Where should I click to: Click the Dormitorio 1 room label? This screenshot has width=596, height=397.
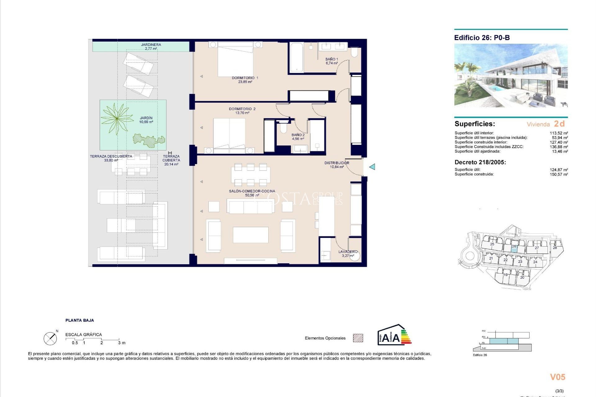pos(245,80)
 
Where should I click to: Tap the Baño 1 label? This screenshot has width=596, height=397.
pos(332,61)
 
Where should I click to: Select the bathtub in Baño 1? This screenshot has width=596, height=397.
pos(296,57)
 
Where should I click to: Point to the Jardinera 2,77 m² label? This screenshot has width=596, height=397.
pos(151,47)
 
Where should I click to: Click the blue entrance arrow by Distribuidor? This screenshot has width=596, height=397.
pos(372,167)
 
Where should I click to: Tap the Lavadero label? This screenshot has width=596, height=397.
pos(348,253)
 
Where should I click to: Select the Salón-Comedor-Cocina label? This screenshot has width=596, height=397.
pos(252,193)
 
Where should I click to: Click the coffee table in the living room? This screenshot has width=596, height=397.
pos(251,235)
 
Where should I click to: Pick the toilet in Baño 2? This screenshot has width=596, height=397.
pos(283,128)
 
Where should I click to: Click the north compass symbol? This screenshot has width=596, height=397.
pos(50,338)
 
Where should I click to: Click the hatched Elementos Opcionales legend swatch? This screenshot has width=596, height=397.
pos(358,338)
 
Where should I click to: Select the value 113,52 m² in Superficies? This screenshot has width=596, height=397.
pos(559,133)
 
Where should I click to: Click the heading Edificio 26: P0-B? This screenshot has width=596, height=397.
pos(482,38)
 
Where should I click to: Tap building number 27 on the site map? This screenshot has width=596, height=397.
pos(537,248)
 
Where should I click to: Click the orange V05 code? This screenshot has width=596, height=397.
pos(558,377)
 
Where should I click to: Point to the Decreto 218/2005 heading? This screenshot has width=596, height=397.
pos(480,162)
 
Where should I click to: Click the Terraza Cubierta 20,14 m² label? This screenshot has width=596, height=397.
pos(171,160)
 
